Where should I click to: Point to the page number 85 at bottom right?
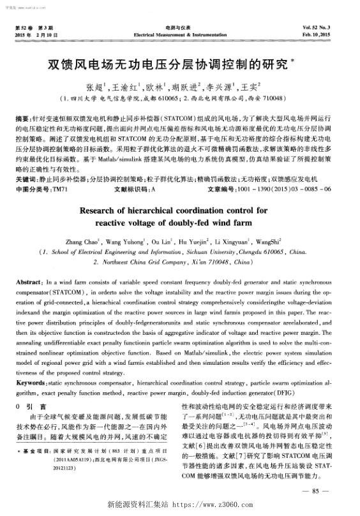click(319, 490)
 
